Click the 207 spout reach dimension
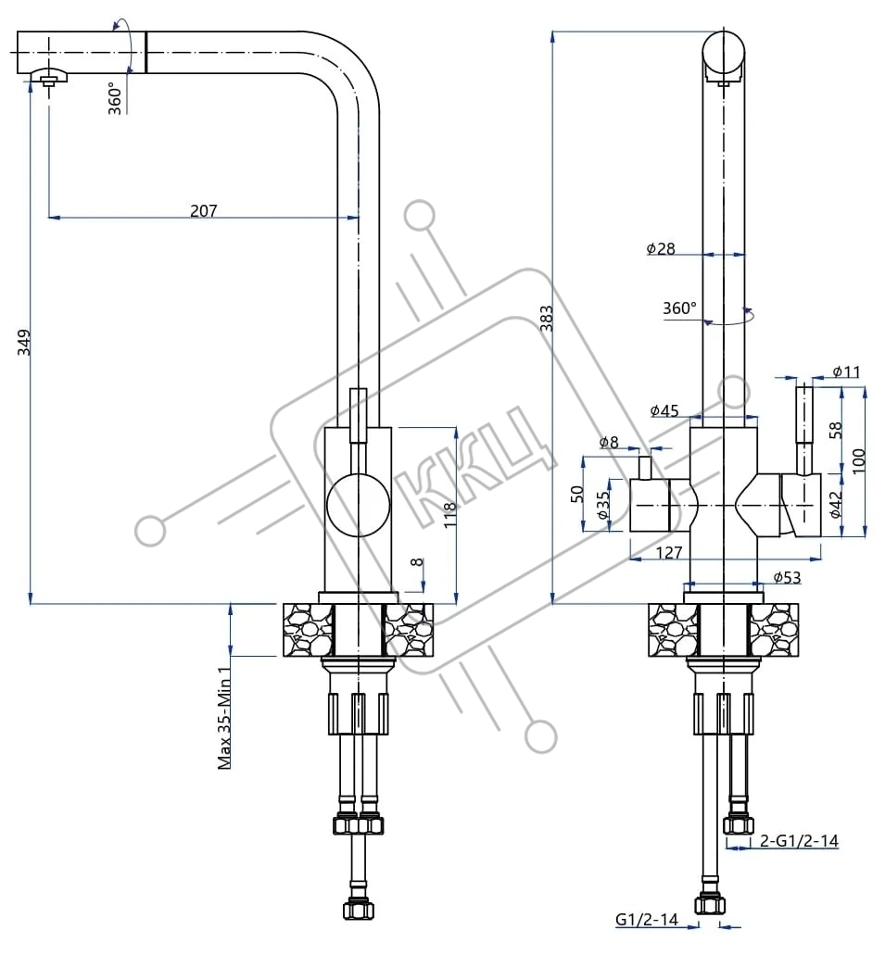point(204,211)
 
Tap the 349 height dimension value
point(23,343)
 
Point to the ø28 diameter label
point(661,248)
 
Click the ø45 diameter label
point(664,410)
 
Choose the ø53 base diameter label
point(787,577)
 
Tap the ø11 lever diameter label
point(847,371)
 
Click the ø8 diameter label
point(608,442)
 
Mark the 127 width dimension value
point(669,552)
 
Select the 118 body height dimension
point(449,515)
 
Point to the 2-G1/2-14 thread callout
point(799,841)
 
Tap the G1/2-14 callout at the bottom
point(647,919)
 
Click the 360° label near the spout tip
point(115,98)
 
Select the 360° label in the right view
point(679,308)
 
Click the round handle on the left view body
point(359,505)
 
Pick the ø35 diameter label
point(602,506)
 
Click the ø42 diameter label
point(836,505)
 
